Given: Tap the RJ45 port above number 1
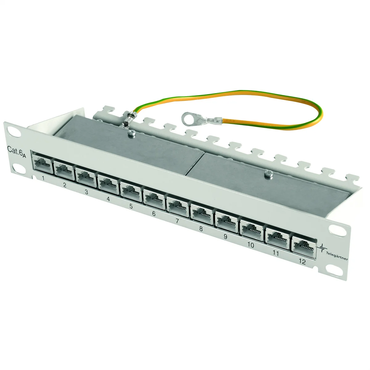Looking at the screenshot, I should [42, 163].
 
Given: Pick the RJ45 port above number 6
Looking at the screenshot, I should [154, 199].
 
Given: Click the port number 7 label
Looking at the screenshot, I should [177, 221].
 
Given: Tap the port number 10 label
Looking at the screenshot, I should [250, 245].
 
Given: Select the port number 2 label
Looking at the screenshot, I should [65, 185].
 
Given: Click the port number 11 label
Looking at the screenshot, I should [276, 253].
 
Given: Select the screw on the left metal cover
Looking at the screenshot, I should [132, 133].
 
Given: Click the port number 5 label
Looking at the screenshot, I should [131, 206].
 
